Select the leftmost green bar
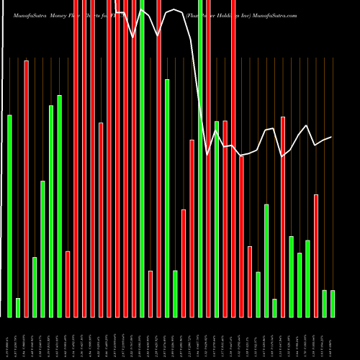coord(10,216)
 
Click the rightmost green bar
coord(333,303)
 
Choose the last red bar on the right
coord(316,256)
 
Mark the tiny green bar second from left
coord(18,307)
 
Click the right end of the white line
coord(331,137)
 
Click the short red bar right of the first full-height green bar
coord(150,294)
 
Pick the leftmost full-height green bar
coord(143,158)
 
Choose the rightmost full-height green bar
coord(200,158)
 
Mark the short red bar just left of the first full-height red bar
coord(68,284)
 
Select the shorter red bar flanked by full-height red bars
coord(101,220)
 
